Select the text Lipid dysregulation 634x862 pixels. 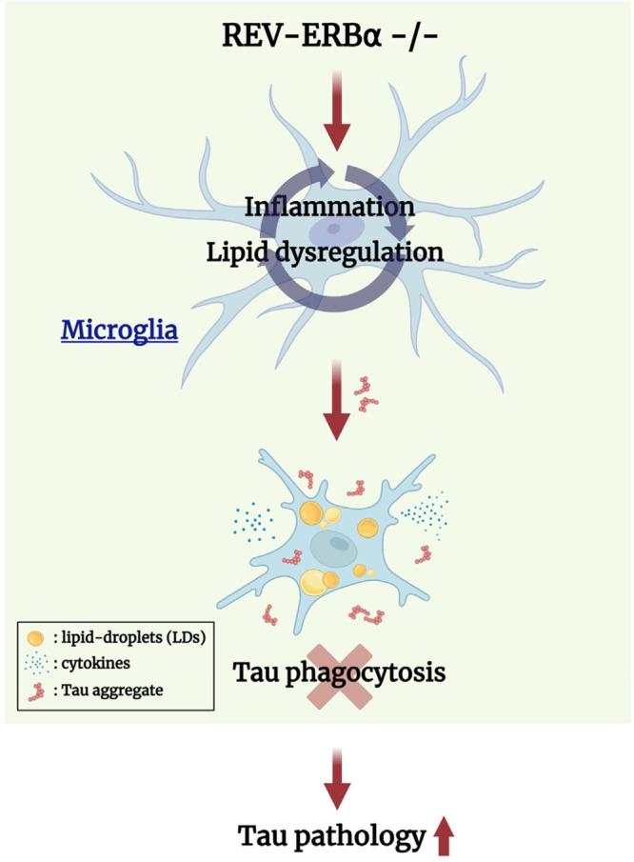336,252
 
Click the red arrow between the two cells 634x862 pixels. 335,408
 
